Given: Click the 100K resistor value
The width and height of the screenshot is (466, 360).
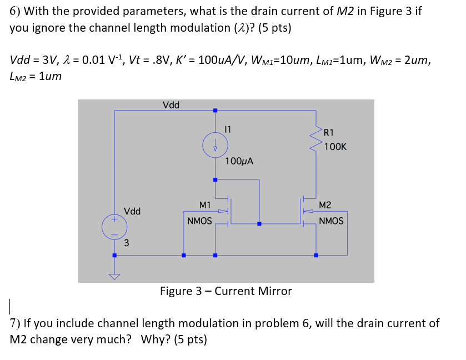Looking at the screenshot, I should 335,147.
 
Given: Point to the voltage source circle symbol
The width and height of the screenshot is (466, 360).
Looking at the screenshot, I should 114,227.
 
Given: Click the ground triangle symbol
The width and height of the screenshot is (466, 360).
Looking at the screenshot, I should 114,276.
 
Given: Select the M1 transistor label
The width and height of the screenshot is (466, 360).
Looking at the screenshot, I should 205,206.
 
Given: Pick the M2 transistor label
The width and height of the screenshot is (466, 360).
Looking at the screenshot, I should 325,206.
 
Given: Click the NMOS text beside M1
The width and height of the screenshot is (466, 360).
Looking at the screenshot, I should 199,221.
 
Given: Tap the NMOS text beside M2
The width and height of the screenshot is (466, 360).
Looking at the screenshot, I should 331,221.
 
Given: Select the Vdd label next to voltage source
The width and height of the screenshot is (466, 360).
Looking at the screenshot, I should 132,211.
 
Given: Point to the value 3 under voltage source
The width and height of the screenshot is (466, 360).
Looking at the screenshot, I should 127,243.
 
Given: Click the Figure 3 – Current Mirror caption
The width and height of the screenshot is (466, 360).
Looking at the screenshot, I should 226,291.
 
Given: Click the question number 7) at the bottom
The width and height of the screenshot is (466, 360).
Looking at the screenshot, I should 16,323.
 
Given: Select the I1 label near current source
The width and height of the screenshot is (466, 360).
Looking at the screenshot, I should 227,129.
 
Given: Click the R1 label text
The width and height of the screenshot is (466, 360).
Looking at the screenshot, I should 329,132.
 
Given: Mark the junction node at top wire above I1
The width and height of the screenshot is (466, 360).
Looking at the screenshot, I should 215,111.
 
